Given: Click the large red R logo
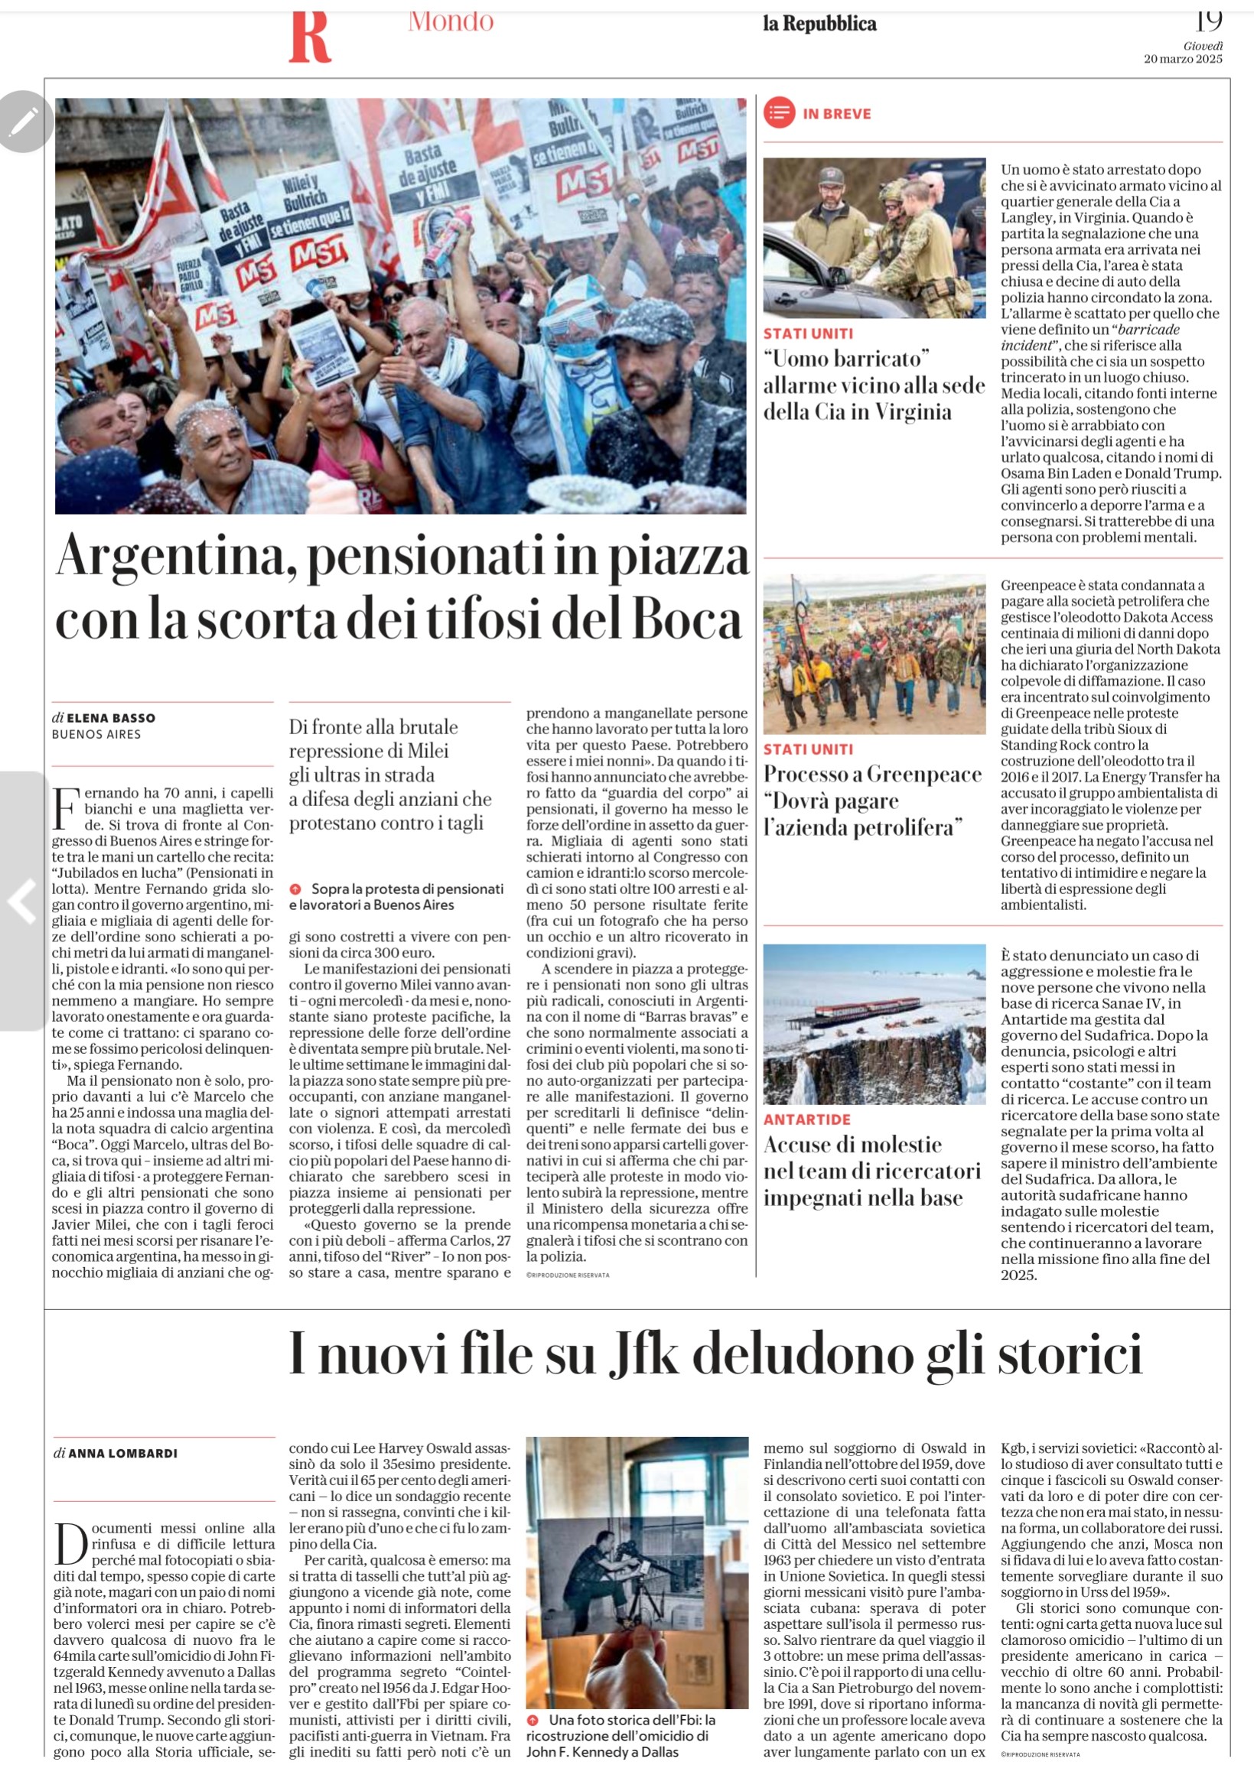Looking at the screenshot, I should click(310, 37).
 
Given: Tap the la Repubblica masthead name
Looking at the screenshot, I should click(819, 24).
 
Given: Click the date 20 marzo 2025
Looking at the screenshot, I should click(1182, 60).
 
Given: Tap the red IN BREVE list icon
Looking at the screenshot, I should click(779, 113).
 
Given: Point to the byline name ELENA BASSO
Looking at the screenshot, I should click(111, 717).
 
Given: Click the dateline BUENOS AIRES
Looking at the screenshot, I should click(96, 734).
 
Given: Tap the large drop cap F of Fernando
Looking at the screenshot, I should click(66, 808).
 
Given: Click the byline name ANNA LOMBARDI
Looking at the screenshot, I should click(122, 1453).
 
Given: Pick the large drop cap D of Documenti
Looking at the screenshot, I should click(70, 1544).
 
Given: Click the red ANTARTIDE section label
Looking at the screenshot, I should click(807, 1120).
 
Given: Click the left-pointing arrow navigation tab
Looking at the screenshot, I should click(21, 901).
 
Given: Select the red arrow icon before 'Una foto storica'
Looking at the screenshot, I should click(533, 1720).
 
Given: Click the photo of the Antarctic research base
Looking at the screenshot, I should click(874, 1024).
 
